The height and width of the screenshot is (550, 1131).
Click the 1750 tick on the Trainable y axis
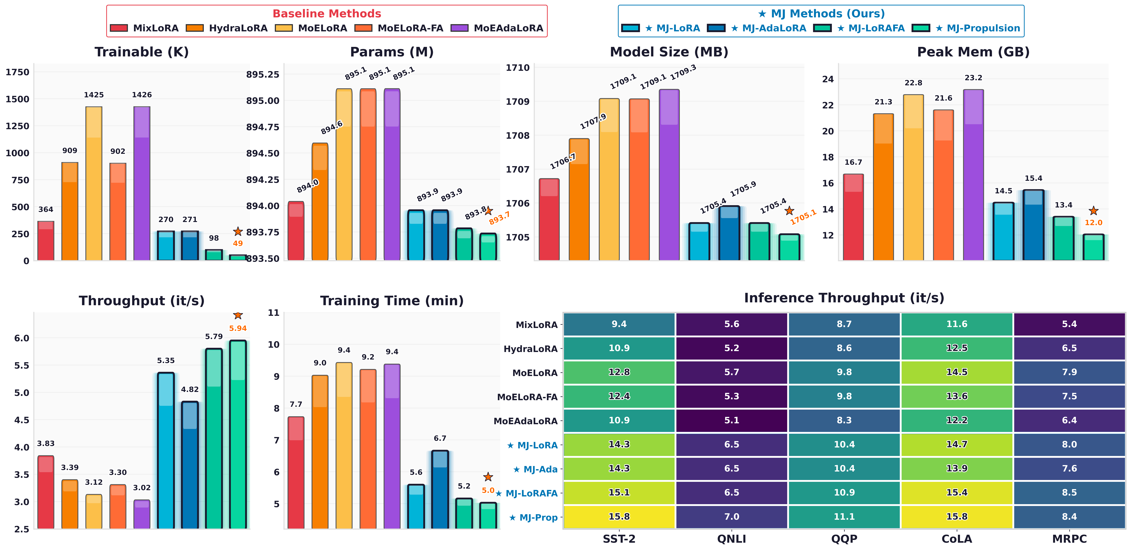pyautogui.click(x=18, y=72)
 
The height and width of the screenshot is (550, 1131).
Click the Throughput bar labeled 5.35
pyautogui.click(x=166, y=450)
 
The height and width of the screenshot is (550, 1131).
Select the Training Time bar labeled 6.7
pyautogui.click(x=440, y=489)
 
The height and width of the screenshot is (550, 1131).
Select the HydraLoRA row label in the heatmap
pyautogui.click(x=530, y=349)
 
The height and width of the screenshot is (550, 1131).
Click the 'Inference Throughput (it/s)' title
pyautogui.click(x=844, y=298)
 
